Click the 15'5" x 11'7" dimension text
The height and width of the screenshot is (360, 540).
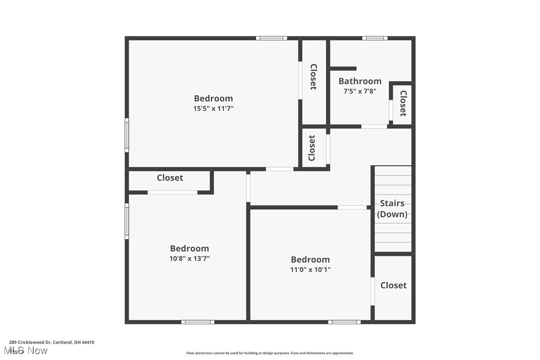click(x=213, y=108)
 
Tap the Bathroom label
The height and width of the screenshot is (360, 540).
click(x=360, y=81)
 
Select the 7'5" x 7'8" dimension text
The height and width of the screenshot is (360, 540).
click(x=360, y=91)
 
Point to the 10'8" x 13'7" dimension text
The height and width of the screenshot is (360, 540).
click(x=189, y=259)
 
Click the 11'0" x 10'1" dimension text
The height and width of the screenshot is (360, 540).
click(x=310, y=270)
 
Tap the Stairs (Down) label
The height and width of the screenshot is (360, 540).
click(x=392, y=209)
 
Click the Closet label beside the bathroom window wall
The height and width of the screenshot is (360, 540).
click(x=403, y=103)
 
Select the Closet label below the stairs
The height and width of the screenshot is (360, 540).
click(x=393, y=285)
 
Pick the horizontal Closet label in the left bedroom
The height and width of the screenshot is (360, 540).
click(x=170, y=178)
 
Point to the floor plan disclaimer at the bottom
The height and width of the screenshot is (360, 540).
click(x=270, y=353)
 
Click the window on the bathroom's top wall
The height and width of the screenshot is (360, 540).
click(x=375, y=38)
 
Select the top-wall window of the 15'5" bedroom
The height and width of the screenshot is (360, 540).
click(x=271, y=38)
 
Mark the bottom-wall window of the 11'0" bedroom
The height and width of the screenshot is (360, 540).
click(x=345, y=322)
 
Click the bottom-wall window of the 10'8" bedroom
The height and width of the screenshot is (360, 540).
click(x=198, y=322)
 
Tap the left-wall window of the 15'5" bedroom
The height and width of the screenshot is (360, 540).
click(x=127, y=135)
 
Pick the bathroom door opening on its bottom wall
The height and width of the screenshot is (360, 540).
click(x=374, y=126)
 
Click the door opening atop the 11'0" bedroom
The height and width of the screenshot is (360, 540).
click(x=352, y=207)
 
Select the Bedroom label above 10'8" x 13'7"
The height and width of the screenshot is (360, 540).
click(x=189, y=249)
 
